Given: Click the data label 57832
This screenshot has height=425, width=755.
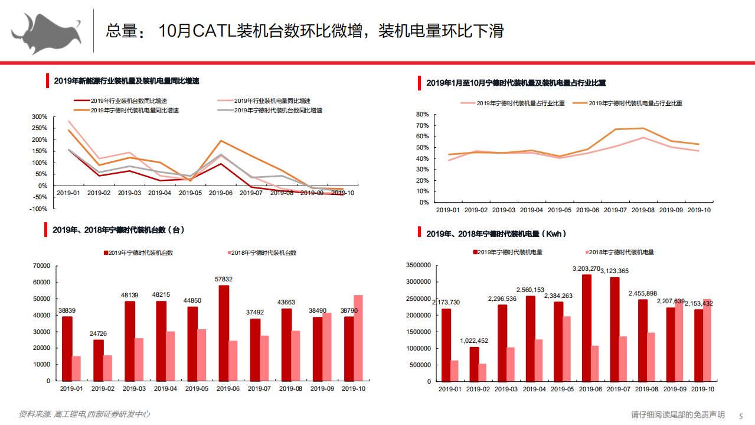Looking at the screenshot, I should click(x=224, y=279).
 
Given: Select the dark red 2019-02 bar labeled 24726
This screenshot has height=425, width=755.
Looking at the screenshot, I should click(x=98, y=360).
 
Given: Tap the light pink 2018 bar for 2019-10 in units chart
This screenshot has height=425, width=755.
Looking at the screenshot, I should click(x=358, y=338).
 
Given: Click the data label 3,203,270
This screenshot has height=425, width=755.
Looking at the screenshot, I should click(x=587, y=268).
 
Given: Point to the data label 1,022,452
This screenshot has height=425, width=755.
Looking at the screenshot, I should click(x=475, y=340).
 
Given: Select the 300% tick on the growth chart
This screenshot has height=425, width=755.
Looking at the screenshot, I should click(x=40, y=116).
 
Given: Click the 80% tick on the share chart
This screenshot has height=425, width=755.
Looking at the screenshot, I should click(x=422, y=114).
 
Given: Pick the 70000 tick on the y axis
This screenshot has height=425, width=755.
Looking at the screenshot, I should click(x=41, y=266).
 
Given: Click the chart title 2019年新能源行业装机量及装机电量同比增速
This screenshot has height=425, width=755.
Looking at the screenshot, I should click(x=126, y=81).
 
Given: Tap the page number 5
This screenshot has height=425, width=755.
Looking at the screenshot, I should click(x=740, y=415).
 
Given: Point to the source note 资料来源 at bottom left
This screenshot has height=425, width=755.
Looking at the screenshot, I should click(x=34, y=414).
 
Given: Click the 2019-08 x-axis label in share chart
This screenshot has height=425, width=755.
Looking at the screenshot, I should click(x=642, y=210).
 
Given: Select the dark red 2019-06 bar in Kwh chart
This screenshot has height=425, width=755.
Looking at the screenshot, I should click(x=586, y=327).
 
